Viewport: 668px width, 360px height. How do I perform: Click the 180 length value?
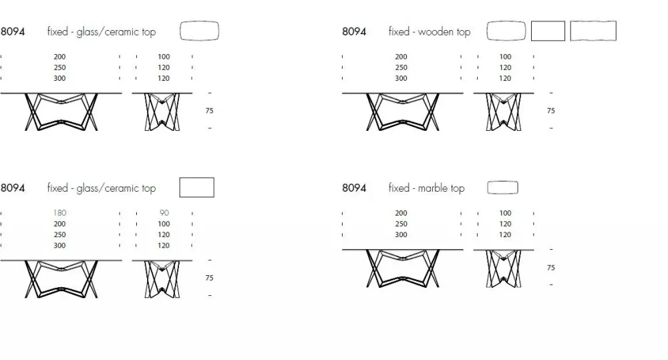tap(59, 213)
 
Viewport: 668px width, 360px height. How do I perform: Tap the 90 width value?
tap(164, 213)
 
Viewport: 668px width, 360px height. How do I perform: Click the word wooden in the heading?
tap(436, 31)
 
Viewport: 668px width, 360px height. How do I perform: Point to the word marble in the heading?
tap(432, 188)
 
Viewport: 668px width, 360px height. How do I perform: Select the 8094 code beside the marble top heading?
tap(354, 188)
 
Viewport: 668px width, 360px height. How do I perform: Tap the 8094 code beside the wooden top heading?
tap(354, 31)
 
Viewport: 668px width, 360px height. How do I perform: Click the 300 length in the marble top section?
tap(401, 234)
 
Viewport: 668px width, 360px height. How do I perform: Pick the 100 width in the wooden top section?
tap(505, 57)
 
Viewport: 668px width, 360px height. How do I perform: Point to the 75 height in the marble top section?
tap(551, 268)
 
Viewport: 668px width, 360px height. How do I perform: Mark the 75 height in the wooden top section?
tap(551, 111)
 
